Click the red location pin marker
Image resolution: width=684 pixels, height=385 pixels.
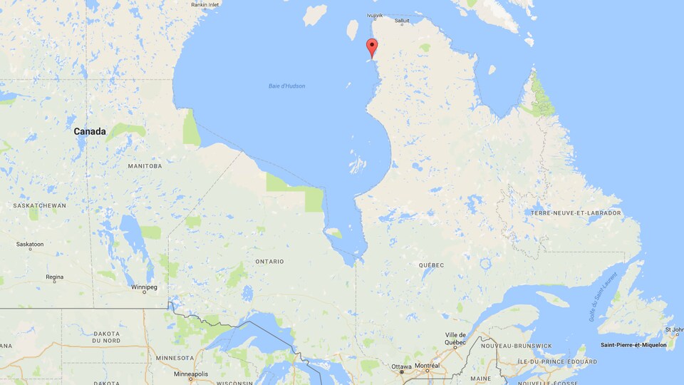371,48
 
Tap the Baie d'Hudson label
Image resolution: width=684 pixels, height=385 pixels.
287,86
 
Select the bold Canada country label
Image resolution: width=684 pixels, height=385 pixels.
90,131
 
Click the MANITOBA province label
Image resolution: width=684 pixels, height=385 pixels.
145,166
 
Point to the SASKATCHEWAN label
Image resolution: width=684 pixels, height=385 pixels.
40,205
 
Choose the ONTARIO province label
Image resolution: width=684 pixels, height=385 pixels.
269,262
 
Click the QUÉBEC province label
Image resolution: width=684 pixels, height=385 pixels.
431,265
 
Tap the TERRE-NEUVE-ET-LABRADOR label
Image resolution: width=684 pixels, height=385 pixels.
576,213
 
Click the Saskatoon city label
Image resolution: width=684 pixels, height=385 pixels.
30,245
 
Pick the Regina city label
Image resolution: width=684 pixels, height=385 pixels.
54,277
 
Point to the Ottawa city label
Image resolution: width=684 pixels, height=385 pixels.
401,366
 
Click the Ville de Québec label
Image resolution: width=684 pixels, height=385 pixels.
456,339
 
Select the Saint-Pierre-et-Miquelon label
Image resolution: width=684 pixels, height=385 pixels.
633,345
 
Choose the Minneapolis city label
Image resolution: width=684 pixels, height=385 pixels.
191,374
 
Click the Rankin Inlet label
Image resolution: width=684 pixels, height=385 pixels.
205,4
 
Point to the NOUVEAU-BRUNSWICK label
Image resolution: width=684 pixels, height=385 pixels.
517,346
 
